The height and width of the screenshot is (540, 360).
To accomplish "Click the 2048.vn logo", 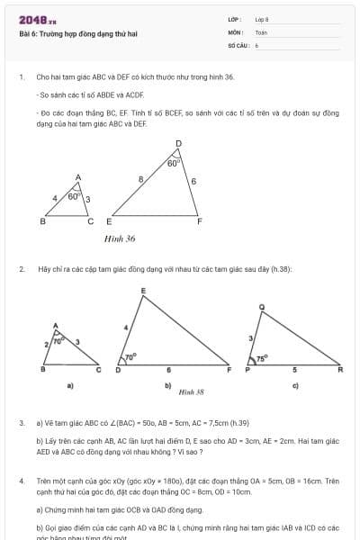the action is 36,19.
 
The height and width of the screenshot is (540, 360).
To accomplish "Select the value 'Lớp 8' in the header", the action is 262,19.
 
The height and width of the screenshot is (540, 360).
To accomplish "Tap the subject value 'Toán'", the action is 261,31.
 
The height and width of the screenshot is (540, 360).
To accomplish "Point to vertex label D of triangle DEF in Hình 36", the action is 178,143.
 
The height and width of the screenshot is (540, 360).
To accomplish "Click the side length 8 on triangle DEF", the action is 140,180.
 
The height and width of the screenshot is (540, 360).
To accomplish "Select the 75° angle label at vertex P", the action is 261,358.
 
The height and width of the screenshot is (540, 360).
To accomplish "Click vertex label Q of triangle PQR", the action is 261,307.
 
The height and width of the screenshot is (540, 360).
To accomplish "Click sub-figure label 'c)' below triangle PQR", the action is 295,384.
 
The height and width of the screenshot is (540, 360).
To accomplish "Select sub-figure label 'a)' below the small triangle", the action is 70,385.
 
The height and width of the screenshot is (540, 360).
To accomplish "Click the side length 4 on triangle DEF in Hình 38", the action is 125,326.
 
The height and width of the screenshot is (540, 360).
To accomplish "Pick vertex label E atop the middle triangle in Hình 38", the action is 143,290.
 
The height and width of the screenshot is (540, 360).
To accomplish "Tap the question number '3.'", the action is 21,422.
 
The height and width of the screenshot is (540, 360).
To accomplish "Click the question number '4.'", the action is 21,481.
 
